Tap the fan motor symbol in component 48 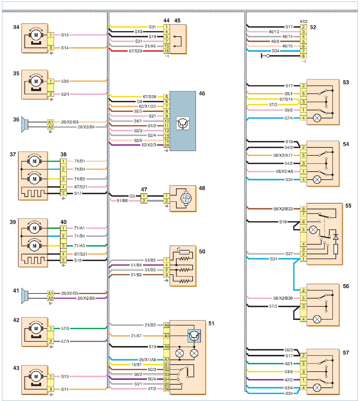(x=186, y=199)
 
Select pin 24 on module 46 (x=166, y=145)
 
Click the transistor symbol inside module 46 (x=183, y=123)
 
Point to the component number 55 (x=348, y=206)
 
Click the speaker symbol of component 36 (x=25, y=125)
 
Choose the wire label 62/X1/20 (x=147, y=106)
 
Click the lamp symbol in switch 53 (x=317, y=118)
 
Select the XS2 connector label (x=304, y=21)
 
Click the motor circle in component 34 (x=36, y=35)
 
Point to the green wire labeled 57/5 (x=80, y=328)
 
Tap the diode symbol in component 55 (x=336, y=237)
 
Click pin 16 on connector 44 (x=166, y=51)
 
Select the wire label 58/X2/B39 (x=283, y=298)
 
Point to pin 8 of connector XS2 (x=303, y=56)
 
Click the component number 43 (x=16, y=368)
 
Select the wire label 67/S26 (x=149, y=97)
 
